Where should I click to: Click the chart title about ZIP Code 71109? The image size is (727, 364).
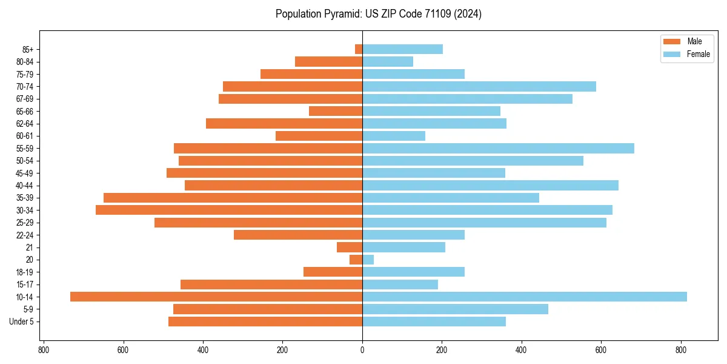coord(378,14)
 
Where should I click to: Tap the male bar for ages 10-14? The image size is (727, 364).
coord(216,297)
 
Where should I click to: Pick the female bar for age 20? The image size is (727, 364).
coord(368,260)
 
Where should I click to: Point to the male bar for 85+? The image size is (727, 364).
coord(359,49)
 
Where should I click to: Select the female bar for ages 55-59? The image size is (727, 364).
coord(498,148)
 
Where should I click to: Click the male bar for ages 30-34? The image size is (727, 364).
coord(229,210)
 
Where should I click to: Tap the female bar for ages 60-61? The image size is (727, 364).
coord(394,136)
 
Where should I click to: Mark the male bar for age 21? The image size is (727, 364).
coord(350,248)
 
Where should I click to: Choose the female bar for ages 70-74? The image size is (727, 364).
coord(479,86)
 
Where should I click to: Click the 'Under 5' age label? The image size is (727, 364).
coord(22,322)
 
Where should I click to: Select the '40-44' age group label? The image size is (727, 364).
coord(25,186)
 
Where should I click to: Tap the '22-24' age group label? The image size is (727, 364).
coord(25,235)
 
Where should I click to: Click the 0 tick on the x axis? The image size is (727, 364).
coord(362,350)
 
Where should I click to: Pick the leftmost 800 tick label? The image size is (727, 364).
coord(44,350)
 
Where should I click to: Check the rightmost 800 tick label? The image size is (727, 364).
coord(681,350)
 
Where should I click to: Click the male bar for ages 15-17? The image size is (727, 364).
coord(271,285)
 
